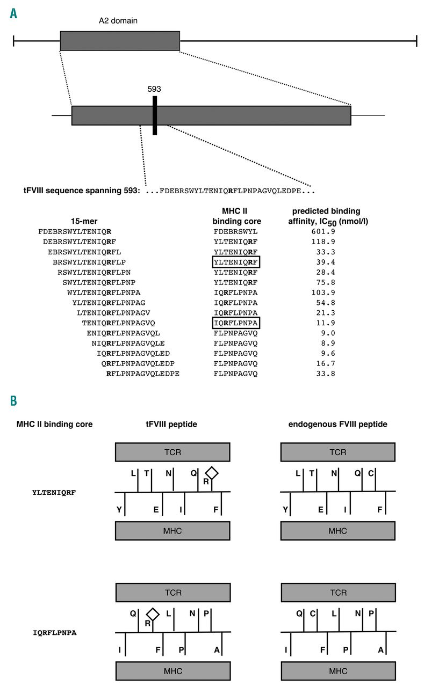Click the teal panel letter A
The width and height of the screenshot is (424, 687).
point(13,13)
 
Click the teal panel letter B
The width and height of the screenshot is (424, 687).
point(13,400)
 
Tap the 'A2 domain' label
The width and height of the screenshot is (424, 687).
point(118,20)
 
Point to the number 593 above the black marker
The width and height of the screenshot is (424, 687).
point(154,89)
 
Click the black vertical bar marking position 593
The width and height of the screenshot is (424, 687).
point(155,115)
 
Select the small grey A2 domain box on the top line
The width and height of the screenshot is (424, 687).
point(120,41)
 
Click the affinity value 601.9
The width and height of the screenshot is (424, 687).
point(323,231)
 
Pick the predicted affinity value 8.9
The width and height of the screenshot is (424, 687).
point(328,343)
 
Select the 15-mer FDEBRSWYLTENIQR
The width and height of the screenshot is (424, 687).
point(75,231)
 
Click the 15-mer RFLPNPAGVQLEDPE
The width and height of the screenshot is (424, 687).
point(143,374)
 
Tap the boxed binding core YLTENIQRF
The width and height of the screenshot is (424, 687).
point(236,262)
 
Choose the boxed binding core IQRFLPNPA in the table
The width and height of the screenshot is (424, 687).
point(236,323)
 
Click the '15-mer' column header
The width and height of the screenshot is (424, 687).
point(84,221)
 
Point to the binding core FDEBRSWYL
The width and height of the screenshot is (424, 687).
point(235,231)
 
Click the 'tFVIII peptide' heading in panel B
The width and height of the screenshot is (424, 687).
point(171,424)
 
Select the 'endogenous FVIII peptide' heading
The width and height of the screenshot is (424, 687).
point(337,424)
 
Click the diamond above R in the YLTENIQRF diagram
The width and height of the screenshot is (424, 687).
point(212,473)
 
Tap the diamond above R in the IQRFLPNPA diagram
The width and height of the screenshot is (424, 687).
point(153,614)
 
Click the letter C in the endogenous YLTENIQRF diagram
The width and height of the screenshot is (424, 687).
point(371,473)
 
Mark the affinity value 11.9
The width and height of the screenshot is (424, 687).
point(326,323)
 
